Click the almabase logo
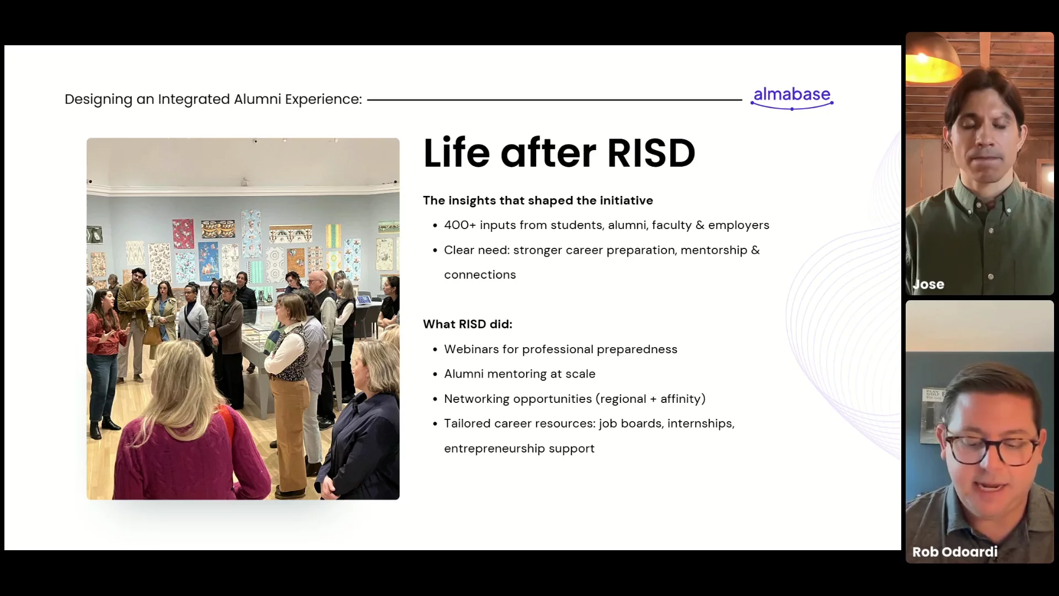click(792, 98)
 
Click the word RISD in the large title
click(651, 153)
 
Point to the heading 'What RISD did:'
click(468, 324)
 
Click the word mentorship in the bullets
click(714, 251)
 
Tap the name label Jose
click(928, 285)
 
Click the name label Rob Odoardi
click(955, 552)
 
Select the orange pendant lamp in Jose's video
click(934, 62)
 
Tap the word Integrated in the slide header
click(194, 99)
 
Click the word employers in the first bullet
click(739, 226)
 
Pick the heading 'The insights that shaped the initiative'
click(538, 200)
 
